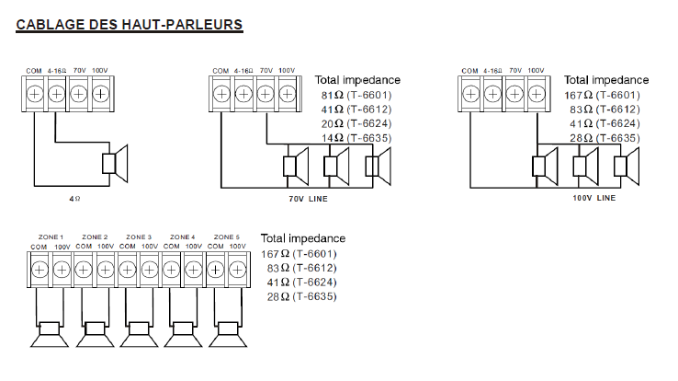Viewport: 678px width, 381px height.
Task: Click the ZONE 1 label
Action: (x=50, y=237)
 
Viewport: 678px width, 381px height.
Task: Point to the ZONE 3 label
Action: (x=139, y=237)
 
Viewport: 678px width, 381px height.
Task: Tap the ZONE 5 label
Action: (x=226, y=237)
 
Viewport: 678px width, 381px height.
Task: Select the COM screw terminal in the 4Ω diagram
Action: (x=34, y=93)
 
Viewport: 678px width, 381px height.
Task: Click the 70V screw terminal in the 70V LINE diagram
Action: (x=266, y=93)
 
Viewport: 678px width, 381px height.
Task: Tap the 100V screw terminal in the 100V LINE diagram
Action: (x=537, y=93)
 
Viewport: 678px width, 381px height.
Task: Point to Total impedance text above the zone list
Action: (x=303, y=238)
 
